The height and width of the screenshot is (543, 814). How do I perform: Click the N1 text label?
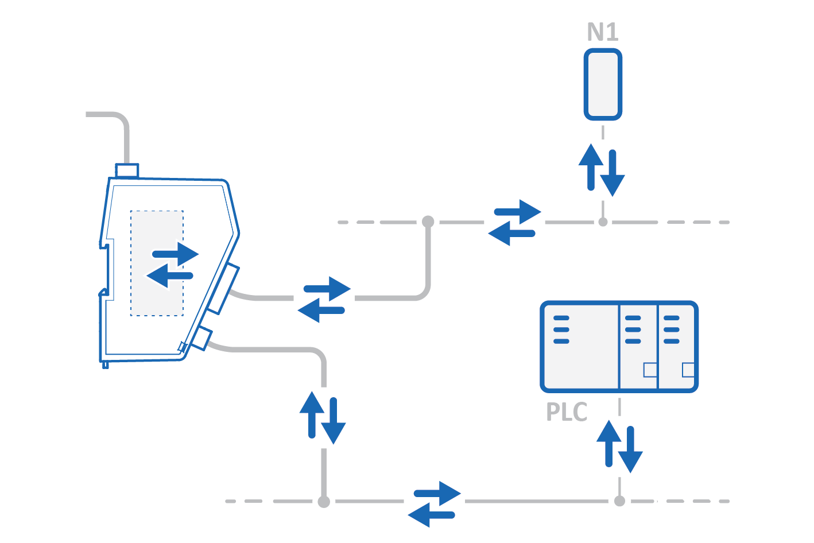(603, 32)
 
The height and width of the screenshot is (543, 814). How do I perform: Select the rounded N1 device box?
(603, 84)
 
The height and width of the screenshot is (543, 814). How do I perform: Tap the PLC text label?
(567, 412)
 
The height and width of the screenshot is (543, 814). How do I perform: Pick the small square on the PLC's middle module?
(650, 370)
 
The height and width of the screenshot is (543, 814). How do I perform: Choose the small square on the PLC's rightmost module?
(688, 370)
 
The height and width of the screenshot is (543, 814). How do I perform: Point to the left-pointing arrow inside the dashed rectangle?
(169, 276)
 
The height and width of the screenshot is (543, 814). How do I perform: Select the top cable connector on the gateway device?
(127, 170)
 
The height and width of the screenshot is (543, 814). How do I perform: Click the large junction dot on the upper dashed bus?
(428, 222)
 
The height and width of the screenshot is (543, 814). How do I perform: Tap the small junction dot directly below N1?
(603, 222)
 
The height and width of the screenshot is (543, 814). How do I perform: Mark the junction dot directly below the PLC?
(619, 501)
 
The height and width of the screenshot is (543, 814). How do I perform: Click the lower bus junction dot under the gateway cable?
(324, 502)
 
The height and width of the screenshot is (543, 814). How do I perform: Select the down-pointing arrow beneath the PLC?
(630, 450)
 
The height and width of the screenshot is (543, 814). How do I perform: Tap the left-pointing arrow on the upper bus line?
(510, 234)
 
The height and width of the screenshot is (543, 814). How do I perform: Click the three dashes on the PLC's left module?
(561, 329)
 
